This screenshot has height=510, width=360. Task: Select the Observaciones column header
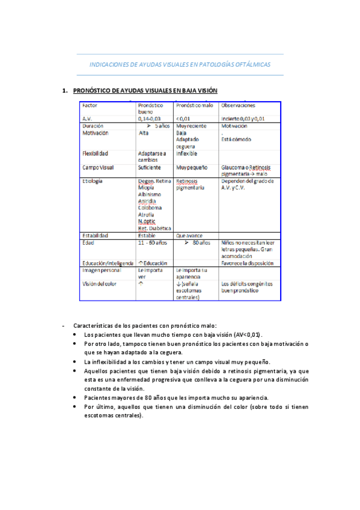pyautogui.click(x=239, y=105)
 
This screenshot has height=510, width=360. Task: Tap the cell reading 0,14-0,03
pyautogui.click(x=150, y=119)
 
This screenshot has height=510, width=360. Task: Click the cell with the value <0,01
pyautogui.click(x=183, y=119)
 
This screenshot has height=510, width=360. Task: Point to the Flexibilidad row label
pyautogui.click(x=96, y=153)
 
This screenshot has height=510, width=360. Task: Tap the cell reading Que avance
pyautogui.click(x=189, y=236)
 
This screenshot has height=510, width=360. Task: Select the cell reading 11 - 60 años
pyautogui.click(x=153, y=242)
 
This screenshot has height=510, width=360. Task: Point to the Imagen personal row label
pyautogui.click(x=102, y=270)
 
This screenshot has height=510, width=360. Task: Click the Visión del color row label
pyautogui.click(x=100, y=284)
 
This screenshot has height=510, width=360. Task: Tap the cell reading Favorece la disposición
pyautogui.click(x=248, y=263)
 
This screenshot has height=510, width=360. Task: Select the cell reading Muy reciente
pyautogui.click(x=191, y=127)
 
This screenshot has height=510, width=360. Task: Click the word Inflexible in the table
pyautogui.click(x=187, y=153)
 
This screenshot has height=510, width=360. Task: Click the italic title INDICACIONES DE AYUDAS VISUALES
pyautogui.click(x=180, y=64)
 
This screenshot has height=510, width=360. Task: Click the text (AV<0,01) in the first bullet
pyautogui.click(x=248, y=334)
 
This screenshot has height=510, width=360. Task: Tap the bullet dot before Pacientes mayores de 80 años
pyautogui.click(x=73, y=398)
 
